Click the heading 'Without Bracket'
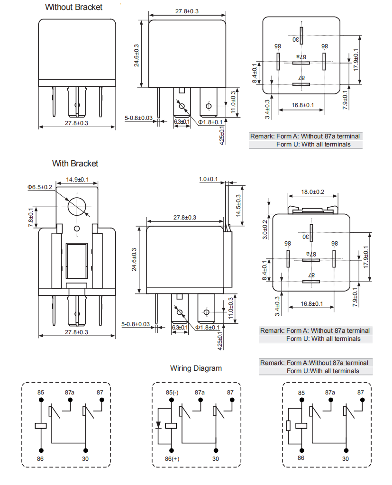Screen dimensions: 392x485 [73, 7]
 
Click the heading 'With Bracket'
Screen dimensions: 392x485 [75, 164]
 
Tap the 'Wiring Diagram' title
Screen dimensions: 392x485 [196, 368]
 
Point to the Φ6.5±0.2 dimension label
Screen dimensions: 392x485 [40, 187]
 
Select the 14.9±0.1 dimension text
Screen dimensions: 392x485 [77, 179]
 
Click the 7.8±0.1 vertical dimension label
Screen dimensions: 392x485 [31, 217]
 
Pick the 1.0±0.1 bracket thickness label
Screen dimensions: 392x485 [208, 179]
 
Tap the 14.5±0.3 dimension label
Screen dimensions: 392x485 [238, 205]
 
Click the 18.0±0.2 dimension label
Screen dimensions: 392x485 [312, 192]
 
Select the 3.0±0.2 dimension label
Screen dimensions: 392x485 [265, 229]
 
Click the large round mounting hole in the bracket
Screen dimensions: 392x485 [77, 206]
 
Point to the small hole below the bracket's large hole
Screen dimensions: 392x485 [77, 229]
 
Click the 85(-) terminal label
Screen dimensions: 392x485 [172, 393]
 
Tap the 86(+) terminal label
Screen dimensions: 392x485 [172, 459]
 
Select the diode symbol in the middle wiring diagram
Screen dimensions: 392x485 [159, 425]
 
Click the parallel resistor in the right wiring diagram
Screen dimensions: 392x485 [289, 426]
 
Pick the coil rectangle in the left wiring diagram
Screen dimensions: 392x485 [41, 426]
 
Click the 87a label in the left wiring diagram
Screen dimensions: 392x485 [70, 392]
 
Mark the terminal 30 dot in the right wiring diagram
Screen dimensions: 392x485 [346, 450]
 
